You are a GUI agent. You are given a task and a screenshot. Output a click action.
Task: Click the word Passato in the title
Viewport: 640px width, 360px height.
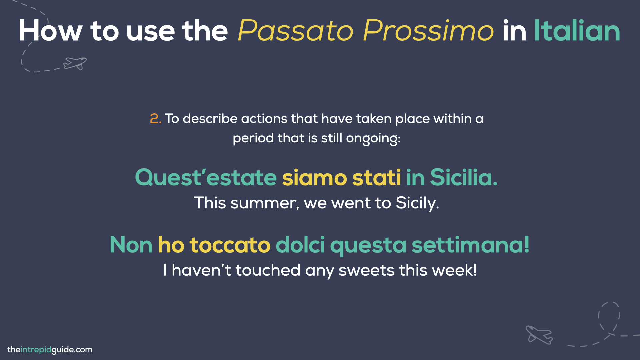[295, 31]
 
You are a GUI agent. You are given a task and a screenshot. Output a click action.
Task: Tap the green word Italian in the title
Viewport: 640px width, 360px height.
[577, 31]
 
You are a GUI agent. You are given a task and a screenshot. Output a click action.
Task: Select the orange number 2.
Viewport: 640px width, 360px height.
[155, 119]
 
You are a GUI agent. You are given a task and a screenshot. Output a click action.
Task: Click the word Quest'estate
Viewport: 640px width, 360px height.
[206, 177]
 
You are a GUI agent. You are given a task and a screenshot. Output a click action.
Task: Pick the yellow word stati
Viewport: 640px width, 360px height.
[376, 177]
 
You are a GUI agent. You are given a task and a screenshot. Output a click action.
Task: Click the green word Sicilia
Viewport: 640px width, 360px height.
[463, 177]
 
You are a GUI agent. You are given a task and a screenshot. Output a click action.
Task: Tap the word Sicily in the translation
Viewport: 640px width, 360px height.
[417, 203]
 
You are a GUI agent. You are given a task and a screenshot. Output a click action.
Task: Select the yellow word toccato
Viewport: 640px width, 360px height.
[230, 245]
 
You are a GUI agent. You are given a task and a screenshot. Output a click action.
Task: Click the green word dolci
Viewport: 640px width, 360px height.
[300, 245]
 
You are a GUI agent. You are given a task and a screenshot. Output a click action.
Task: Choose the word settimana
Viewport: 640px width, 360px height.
[470, 245]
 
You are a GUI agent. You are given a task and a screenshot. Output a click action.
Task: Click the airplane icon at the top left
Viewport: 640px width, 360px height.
[75, 63]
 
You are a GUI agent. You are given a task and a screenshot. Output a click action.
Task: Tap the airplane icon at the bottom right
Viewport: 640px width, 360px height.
[539, 335]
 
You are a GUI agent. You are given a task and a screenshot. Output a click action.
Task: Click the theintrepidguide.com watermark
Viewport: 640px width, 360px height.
[50, 350]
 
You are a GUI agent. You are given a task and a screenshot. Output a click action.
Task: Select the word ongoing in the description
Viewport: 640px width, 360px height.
[373, 138]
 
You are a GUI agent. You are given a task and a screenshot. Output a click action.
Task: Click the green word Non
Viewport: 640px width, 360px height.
[131, 245]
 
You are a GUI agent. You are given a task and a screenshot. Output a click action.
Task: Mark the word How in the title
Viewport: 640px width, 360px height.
[50, 31]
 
